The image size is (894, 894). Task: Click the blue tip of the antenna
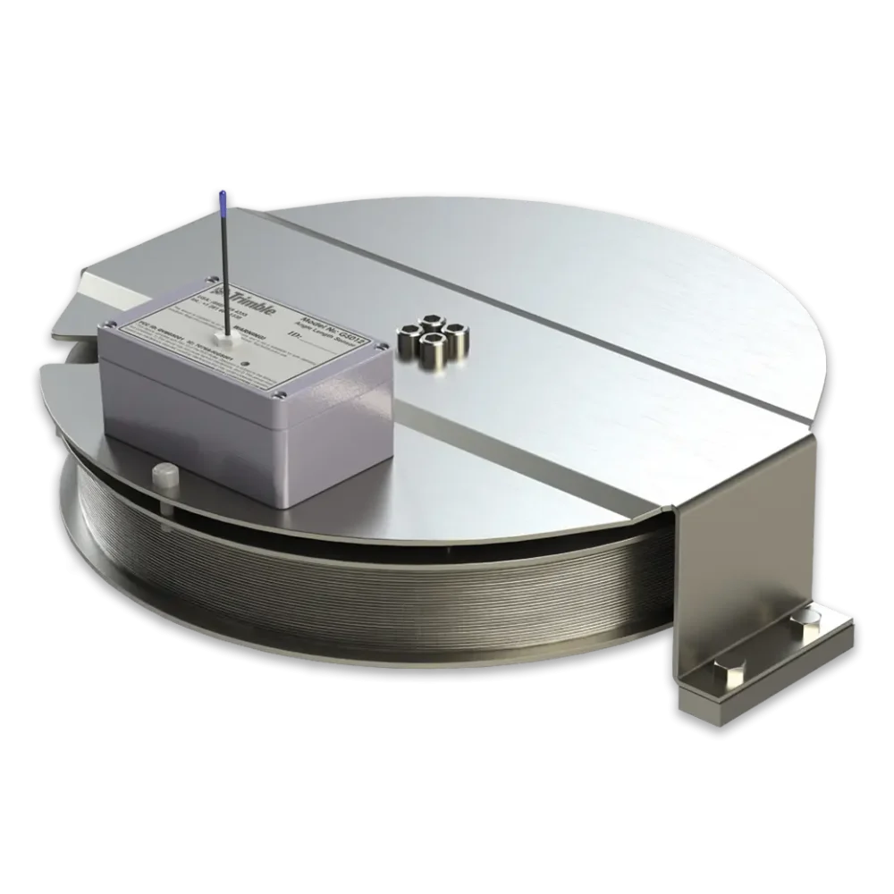(x=220, y=198)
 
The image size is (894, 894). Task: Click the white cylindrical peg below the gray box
(x=163, y=473)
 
